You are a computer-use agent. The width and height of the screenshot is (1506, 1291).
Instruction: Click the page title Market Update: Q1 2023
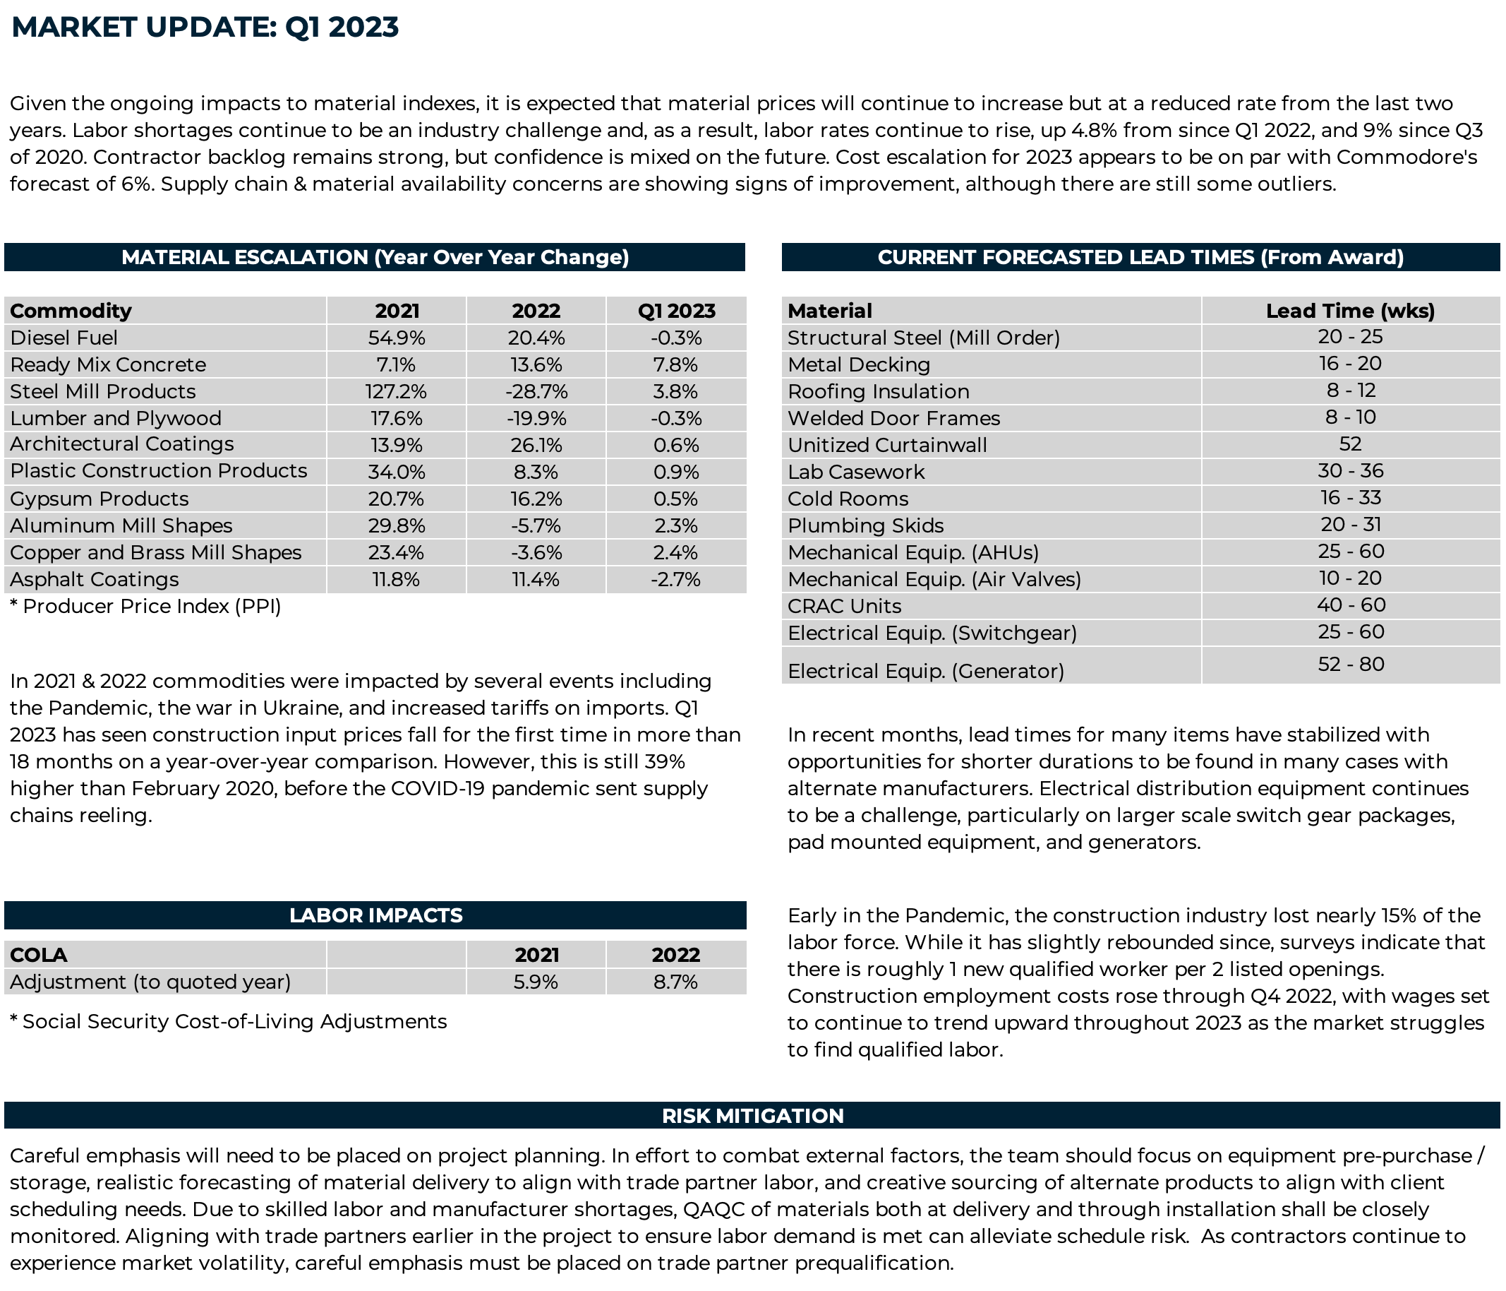[205, 27]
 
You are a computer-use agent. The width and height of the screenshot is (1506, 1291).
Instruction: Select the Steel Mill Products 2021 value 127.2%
[396, 391]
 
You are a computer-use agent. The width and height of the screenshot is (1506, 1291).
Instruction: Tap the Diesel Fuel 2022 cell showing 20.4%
[536, 338]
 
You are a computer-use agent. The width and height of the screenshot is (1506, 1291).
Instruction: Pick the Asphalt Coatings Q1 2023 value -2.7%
[675, 579]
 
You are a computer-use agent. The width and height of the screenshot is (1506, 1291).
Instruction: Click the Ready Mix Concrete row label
[107, 364]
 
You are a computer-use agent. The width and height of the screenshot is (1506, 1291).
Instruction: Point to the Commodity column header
[71, 311]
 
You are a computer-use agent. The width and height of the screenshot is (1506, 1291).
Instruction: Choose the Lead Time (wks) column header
[1351, 311]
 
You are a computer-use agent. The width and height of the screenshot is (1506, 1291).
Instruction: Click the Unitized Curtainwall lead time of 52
[1351, 444]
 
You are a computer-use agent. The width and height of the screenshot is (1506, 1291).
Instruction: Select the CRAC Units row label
[845, 606]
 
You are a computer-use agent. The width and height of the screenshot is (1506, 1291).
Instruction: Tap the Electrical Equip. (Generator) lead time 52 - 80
[1351, 664]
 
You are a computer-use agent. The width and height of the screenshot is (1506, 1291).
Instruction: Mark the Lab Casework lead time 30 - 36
[1351, 470]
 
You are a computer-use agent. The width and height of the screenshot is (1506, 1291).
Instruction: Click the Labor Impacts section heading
[375, 915]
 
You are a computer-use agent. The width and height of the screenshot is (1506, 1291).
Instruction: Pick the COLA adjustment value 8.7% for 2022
[675, 982]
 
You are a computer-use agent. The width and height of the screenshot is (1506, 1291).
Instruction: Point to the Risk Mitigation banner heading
[753, 1116]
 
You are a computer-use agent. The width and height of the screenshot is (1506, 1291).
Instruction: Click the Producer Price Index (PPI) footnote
[145, 606]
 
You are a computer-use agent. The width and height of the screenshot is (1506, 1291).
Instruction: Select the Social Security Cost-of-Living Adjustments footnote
[228, 1021]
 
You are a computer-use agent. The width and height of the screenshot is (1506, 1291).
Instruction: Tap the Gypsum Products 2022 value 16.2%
[536, 499]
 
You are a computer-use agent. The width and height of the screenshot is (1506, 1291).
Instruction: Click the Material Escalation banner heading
[375, 257]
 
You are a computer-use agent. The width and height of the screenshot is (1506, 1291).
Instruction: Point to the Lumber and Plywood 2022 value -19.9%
[536, 418]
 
